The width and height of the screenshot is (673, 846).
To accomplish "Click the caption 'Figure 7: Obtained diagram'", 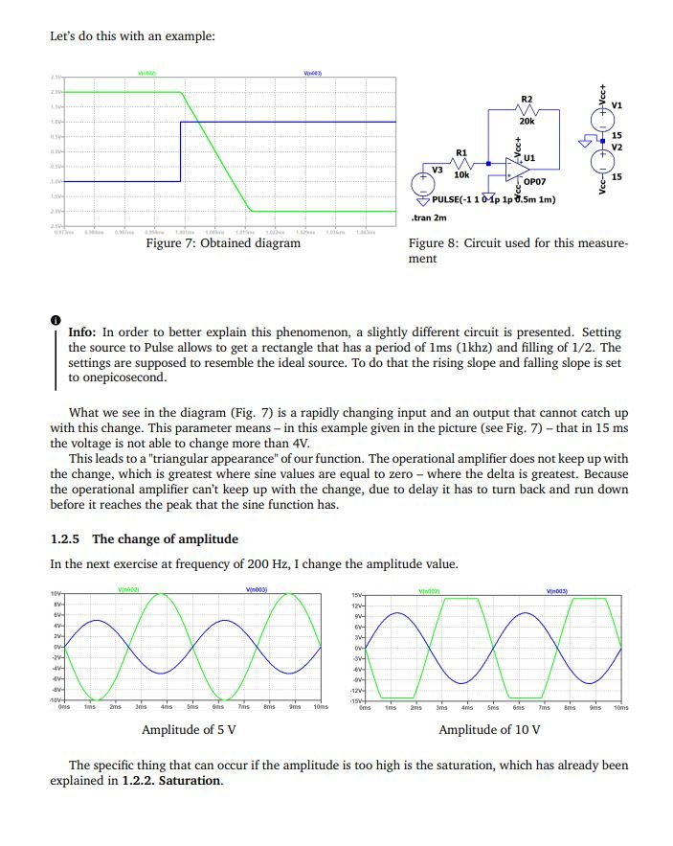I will click(x=222, y=243).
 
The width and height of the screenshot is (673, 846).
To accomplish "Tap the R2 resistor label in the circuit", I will click(x=526, y=99).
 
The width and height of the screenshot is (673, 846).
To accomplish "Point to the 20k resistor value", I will click(x=527, y=122).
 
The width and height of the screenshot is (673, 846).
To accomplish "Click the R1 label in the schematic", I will click(x=461, y=152).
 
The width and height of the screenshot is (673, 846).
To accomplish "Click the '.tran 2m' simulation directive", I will click(x=435, y=217).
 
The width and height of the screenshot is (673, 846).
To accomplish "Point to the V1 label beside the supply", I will click(x=617, y=104).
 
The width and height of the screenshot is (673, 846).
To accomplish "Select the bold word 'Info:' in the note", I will click(x=82, y=332).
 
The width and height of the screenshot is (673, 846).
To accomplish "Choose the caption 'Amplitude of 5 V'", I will click(x=189, y=730).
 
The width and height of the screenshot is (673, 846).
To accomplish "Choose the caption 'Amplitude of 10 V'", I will click(x=489, y=730).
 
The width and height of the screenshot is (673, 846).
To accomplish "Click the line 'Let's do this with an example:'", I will click(x=132, y=36).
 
